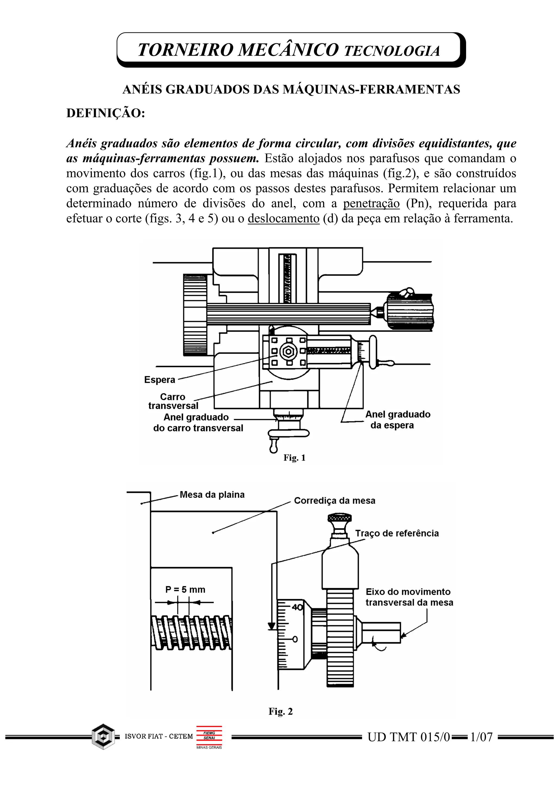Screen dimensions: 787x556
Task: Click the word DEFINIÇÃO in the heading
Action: (x=106, y=113)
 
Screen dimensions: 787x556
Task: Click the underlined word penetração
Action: (x=371, y=203)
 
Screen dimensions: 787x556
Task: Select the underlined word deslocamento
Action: (x=284, y=219)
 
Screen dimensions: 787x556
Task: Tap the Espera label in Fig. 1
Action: (x=160, y=380)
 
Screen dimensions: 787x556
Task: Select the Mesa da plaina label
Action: (x=212, y=495)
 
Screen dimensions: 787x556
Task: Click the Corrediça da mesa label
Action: (x=334, y=501)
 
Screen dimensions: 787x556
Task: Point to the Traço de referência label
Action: (x=397, y=533)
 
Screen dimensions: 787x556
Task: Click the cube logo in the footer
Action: (x=103, y=737)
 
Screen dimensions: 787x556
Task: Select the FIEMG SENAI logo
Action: (x=209, y=736)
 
